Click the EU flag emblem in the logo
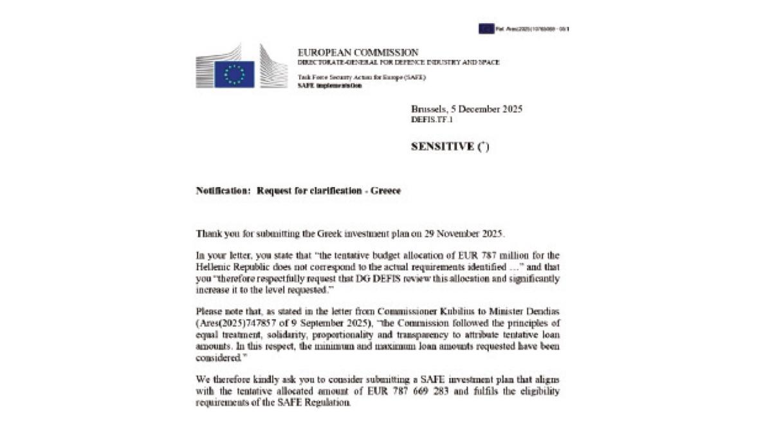pyautogui.click(x=234, y=74)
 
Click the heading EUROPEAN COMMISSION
pyautogui.click(x=358, y=52)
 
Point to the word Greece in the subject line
pyautogui.click(x=385, y=191)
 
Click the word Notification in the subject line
pyautogui.click(x=223, y=191)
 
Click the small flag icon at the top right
pyautogui.click(x=486, y=28)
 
